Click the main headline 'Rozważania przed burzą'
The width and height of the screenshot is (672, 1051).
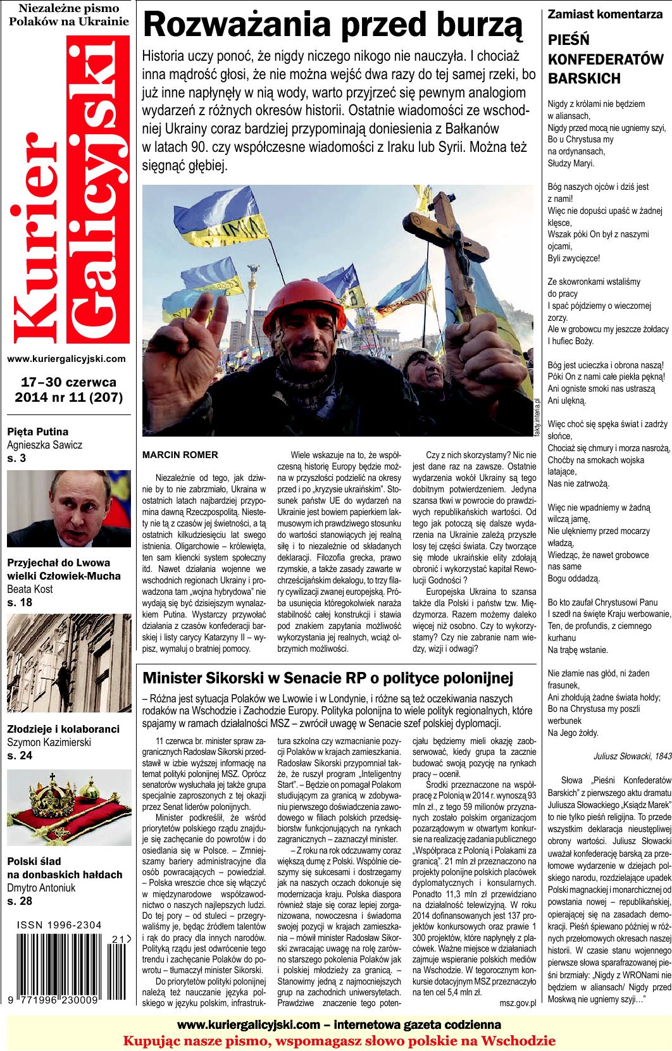333,27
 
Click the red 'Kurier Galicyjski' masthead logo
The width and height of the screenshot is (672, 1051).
67,190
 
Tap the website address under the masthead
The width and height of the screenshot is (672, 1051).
66,359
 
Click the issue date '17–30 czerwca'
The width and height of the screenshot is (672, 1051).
68,383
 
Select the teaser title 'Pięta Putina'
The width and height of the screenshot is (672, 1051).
35,432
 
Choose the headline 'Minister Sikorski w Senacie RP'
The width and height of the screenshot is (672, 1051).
327,678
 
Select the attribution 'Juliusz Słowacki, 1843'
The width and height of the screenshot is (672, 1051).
632,754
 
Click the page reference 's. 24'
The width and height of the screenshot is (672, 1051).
20,756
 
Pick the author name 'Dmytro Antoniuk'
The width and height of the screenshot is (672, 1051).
40,888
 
